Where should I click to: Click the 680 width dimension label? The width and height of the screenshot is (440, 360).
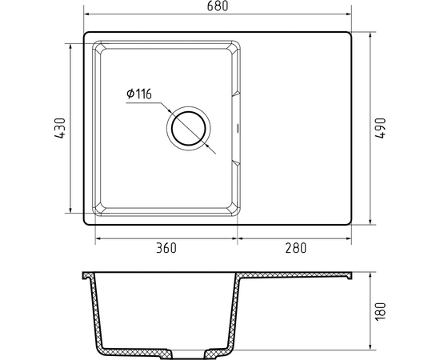218,6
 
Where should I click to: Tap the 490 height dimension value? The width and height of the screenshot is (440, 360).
381,128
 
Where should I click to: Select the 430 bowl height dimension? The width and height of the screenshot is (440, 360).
60,128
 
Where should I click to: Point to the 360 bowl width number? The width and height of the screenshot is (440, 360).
166,248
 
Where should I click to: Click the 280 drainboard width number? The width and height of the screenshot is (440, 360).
296,248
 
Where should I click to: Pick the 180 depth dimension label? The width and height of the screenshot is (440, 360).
381,311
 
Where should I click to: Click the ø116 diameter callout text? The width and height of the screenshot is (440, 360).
139,94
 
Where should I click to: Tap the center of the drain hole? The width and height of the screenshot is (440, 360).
189,129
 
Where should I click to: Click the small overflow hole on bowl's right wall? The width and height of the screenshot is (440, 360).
238,129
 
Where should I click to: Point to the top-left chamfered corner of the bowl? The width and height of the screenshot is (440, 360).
98,47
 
